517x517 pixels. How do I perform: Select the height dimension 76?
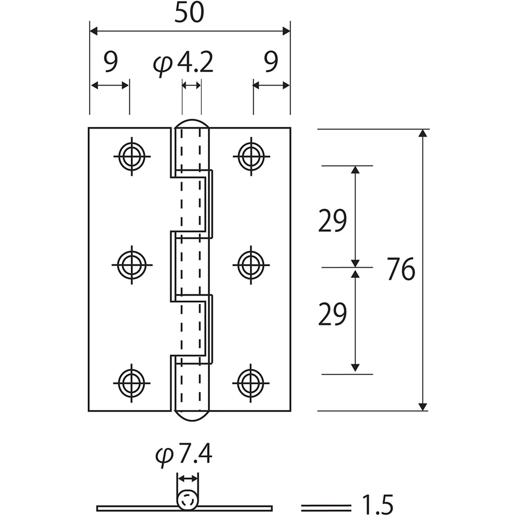point(401,269)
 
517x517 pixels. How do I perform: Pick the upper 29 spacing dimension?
point(332,221)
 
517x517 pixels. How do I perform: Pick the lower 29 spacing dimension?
point(332,314)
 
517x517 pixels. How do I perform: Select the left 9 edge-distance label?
point(111,62)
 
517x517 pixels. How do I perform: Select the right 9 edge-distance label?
point(271,62)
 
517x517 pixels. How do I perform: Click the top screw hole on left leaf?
point(132,156)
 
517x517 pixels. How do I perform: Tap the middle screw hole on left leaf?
point(132,265)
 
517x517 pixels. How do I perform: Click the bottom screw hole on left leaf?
point(131,383)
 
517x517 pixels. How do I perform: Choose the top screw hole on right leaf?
point(251,156)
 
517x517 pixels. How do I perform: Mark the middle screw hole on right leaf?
point(251,265)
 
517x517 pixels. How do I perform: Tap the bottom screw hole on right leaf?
point(251,383)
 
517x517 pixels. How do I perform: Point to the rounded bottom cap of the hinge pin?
point(191,416)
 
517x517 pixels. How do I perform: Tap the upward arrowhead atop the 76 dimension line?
point(422,133)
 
